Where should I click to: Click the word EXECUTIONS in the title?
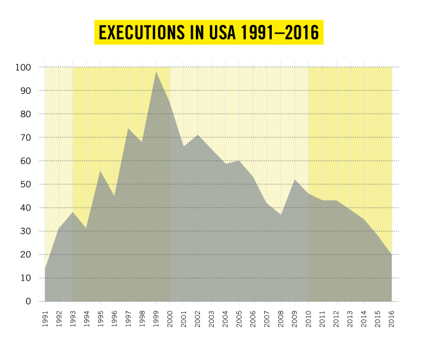pyautogui.click(x=140, y=32)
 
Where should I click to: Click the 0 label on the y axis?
pyautogui.click(x=27, y=301)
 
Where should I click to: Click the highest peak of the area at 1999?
pyautogui.click(x=156, y=71)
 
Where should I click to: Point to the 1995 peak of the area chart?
pyautogui.click(x=100, y=170)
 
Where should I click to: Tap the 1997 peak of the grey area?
pyautogui.click(x=128, y=128)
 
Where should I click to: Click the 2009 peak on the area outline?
pyautogui.click(x=295, y=180)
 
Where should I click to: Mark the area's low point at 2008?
pyautogui.click(x=281, y=214)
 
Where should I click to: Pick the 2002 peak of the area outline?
pyautogui.click(x=198, y=135)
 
